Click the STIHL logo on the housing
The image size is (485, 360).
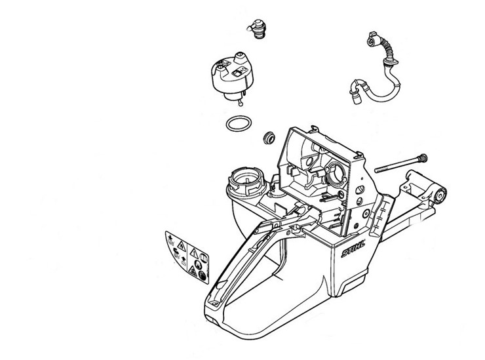click(353, 249)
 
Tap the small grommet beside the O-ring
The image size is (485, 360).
click(269, 138)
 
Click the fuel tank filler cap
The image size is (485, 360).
click(232, 77)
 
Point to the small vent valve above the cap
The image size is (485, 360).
click(256, 29)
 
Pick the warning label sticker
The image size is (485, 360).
click(187, 257)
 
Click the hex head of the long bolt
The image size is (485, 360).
click(422, 159)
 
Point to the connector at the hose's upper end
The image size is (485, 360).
click(373, 39)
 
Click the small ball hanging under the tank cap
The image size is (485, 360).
click(241, 104)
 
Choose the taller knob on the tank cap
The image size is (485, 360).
click(240, 58)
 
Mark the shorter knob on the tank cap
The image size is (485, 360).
click(220, 68)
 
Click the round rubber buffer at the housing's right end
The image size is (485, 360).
click(440, 195)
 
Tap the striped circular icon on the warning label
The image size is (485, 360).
click(203, 258)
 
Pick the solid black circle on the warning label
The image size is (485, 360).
click(203, 275)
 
